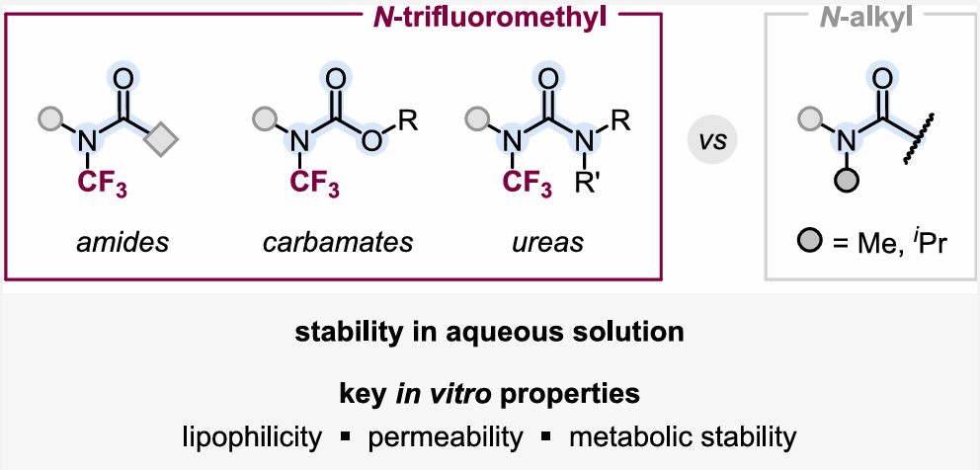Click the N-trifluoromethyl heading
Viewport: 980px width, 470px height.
[489, 18]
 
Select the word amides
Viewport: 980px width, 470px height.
[122, 243]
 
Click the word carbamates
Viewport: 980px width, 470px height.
[338, 243]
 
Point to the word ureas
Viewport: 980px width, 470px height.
[548, 243]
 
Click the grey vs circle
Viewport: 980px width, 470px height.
[712, 141]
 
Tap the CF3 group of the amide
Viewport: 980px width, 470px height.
[102, 184]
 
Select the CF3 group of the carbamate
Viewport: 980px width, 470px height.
[314, 184]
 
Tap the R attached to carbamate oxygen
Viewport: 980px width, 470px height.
[409, 120]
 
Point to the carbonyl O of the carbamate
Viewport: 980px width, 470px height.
[336, 79]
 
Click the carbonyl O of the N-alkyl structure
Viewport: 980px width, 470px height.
[881, 79]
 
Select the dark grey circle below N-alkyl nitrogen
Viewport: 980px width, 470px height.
[846, 182]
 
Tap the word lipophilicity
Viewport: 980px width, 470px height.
[252, 437]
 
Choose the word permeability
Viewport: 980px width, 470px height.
[445, 437]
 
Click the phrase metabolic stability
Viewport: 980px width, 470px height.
[683, 437]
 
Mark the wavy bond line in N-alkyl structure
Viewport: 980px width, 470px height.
[919, 140]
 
